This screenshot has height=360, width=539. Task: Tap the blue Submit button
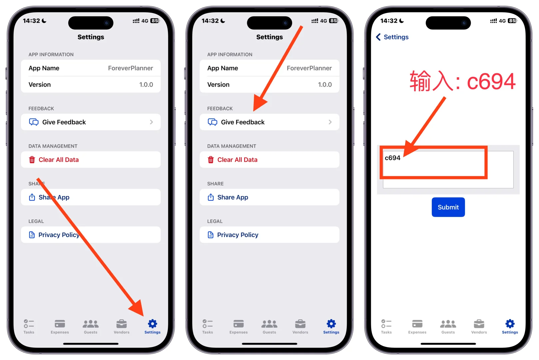[x=448, y=207]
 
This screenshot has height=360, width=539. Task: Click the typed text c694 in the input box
[x=392, y=158]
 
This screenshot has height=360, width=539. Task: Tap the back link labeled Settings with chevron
[x=392, y=37]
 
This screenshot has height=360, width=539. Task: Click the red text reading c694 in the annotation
[x=491, y=82]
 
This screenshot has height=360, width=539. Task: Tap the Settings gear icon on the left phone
[x=153, y=324]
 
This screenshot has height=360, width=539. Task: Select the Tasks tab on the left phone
[x=29, y=326]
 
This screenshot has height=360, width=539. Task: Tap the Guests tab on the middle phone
[x=269, y=326]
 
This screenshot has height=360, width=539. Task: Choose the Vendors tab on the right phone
[x=479, y=326]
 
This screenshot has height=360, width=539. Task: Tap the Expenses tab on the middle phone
[x=239, y=326]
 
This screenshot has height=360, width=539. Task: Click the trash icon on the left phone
[x=32, y=160]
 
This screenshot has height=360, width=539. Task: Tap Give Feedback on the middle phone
[x=243, y=122]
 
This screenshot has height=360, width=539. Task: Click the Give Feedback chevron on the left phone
[x=152, y=122]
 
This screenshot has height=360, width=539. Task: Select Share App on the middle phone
[x=233, y=197]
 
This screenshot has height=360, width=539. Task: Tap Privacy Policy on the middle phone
[x=238, y=235]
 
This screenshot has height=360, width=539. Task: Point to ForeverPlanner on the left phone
[x=130, y=68]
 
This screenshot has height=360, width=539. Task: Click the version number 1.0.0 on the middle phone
[x=325, y=85]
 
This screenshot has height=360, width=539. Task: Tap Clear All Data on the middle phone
[x=237, y=160]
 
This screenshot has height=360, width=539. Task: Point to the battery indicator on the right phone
[x=512, y=21]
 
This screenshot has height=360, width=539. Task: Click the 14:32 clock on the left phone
[x=31, y=21]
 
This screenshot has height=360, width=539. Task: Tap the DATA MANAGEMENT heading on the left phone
[x=53, y=146]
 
